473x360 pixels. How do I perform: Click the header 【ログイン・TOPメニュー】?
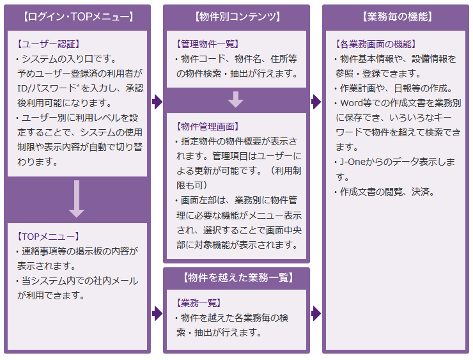(78, 17)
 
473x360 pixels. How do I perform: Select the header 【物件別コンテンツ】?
(237, 17)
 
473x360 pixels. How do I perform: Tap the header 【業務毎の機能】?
(397, 17)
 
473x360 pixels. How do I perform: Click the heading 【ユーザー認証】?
(49, 44)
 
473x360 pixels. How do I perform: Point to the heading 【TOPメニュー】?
(48, 237)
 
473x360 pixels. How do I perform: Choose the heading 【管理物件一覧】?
(208, 44)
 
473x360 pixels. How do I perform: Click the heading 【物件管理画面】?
(208, 127)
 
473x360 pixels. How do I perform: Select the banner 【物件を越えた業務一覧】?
(238, 278)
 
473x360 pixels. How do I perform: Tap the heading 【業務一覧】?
(199, 302)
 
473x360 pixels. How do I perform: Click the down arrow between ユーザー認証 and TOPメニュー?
(77, 199)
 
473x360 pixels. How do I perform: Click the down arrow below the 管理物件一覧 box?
(236, 100)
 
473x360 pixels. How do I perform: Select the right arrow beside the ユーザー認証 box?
(157, 102)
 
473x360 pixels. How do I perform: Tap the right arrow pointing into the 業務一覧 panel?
(157, 313)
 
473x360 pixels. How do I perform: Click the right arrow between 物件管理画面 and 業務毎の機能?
(316, 102)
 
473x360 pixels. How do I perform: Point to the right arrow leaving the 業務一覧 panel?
(316, 313)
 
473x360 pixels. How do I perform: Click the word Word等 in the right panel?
(356, 103)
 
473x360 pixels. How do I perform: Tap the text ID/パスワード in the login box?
(49, 88)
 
